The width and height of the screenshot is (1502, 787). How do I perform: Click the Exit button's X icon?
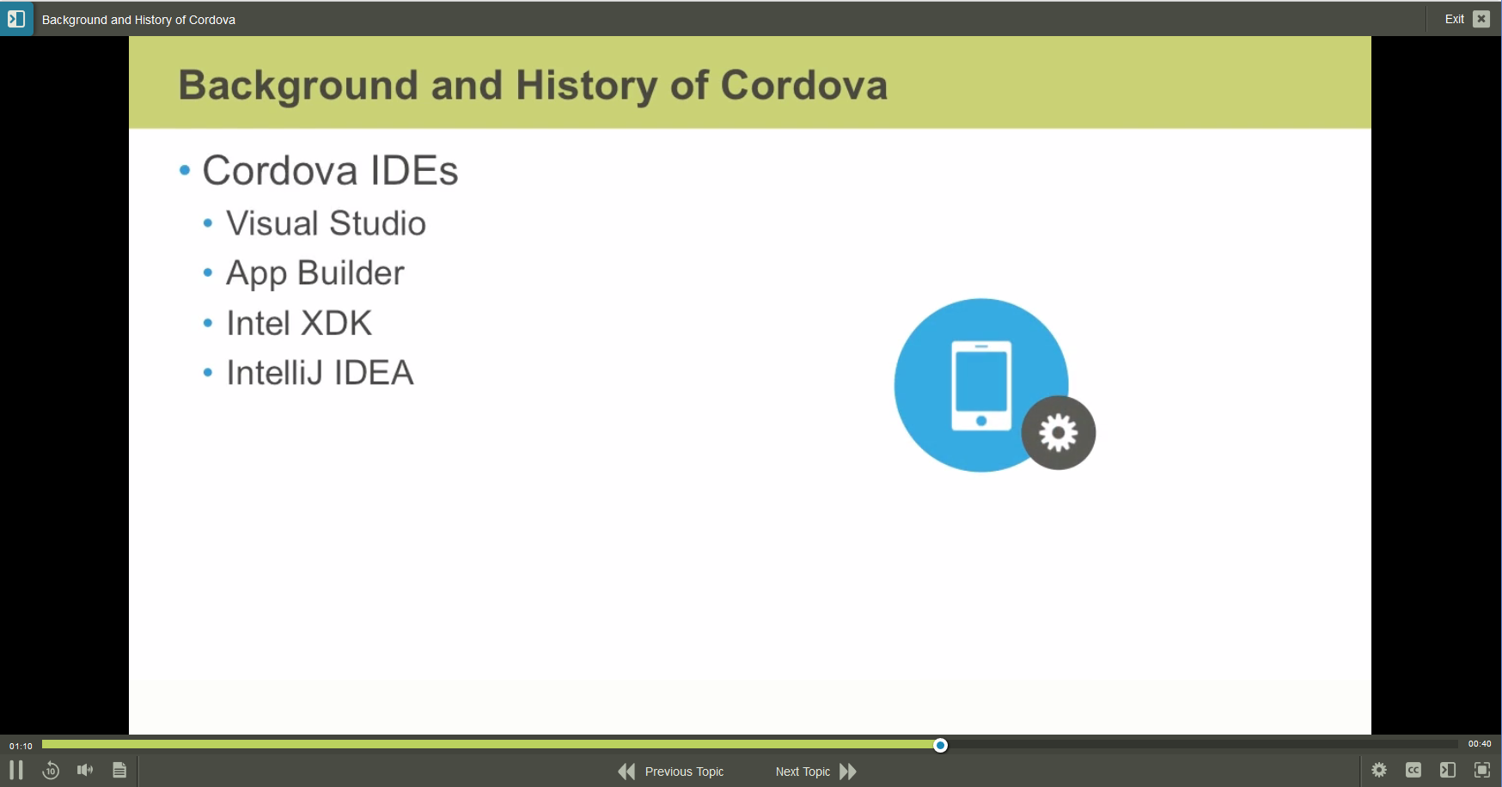[1481, 19]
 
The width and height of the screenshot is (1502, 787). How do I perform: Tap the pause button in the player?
[16, 770]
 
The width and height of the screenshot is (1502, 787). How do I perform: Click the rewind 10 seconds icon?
[51, 771]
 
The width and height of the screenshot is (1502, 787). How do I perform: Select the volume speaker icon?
[85, 770]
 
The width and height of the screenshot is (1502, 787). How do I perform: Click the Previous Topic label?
[684, 772]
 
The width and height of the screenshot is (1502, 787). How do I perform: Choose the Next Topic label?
[803, 772]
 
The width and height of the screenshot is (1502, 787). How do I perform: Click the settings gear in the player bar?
[1379, 770]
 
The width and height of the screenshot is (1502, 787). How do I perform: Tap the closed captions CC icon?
[1413, 770]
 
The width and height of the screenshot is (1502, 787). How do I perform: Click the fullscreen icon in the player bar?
[1482, 770]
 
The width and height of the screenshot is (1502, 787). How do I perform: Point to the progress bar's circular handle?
[941, 745]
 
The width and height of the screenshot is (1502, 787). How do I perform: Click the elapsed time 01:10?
[21, 746]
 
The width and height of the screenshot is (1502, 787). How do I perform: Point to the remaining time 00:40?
[1480, 744]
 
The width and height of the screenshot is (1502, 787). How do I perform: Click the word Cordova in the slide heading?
[803, 85]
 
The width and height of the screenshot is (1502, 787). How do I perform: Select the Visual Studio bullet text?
[326, 223]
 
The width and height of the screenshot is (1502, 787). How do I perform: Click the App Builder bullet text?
[314, 273]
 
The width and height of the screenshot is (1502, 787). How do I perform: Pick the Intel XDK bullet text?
[299, 323]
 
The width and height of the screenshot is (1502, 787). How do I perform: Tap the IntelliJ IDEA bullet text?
[320, 373]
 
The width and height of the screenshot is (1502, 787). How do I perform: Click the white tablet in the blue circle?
[981, 384]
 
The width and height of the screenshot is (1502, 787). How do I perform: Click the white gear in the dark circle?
[1059, 433]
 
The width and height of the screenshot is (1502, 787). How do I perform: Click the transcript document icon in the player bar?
[119, 770]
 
